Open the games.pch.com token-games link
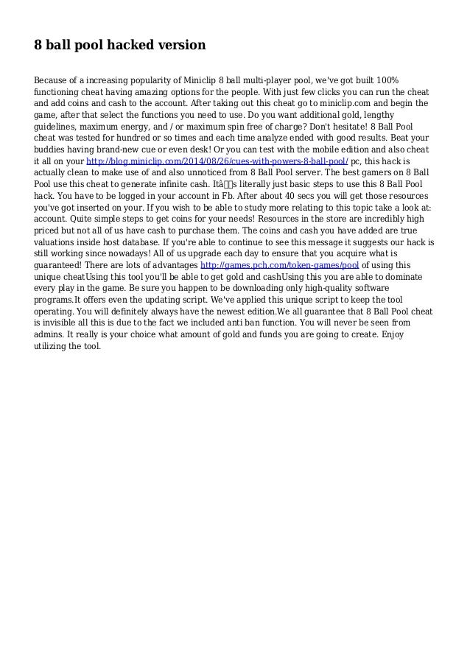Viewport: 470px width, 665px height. tap(279, 264)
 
